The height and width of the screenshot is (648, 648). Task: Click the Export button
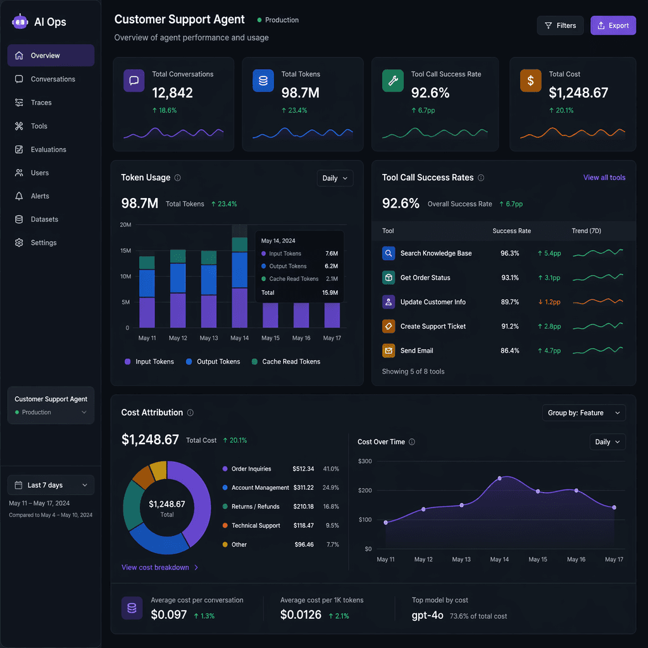tap(613, 26)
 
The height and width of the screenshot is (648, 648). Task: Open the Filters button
tap(560, 26)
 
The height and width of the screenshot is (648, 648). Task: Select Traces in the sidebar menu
tap(41, 103)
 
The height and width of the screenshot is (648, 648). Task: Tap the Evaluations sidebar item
tap(48, 149)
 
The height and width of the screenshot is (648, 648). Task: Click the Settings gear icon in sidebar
tap(19, 243)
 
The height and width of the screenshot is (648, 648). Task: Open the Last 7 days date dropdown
tap(51, 485)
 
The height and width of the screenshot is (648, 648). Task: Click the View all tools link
tap(604, 178)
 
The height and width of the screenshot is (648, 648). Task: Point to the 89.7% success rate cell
tap(510, 302)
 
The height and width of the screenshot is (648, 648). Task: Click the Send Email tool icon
tap(389, 351)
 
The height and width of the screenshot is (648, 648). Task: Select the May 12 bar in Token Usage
tap(178, 289)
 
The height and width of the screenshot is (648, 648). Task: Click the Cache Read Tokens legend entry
tap(291, 362)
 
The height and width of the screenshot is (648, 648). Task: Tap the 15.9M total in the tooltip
tap(330, 293)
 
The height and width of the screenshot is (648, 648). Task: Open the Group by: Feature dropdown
tap(584, 413)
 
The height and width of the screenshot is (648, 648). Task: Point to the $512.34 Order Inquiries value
tap(303, 469)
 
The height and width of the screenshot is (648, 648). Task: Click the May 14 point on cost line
tap(499, 478)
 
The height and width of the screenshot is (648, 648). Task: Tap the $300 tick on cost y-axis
tap(365, 461)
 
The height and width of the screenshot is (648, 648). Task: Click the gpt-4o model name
tap(427, 615)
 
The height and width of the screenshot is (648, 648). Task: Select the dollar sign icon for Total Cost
tap(530, 81)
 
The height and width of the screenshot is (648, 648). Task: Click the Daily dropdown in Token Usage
tap(335, 178)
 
